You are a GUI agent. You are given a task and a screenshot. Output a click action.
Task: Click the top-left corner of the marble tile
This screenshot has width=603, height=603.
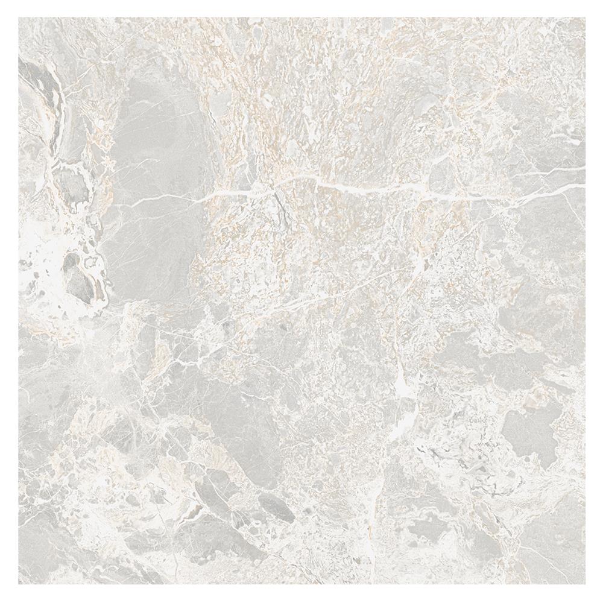tap(19, 17)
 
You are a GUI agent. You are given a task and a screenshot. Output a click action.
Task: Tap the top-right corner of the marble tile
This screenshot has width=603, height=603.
tap(584, 17)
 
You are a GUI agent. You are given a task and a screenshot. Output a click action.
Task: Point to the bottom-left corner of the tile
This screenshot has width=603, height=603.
tap(19, 584)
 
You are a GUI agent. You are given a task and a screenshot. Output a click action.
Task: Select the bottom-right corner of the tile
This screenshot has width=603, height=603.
tap(584, 584)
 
